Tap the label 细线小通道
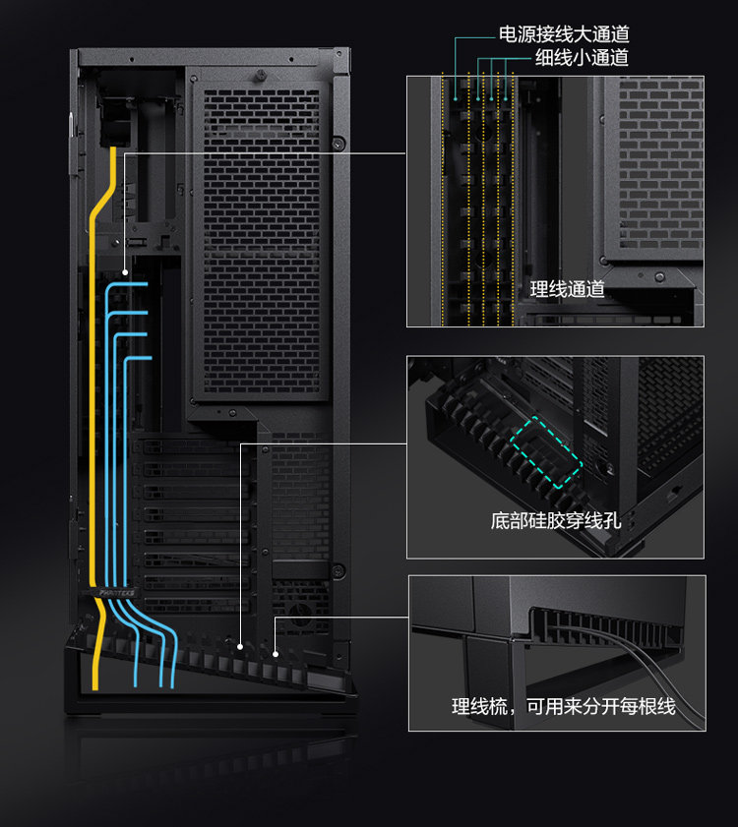582,59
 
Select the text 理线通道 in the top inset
567,289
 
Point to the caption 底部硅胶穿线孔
556,520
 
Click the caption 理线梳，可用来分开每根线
564,706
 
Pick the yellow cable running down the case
93,413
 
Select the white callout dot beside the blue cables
125,272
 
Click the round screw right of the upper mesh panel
338,144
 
